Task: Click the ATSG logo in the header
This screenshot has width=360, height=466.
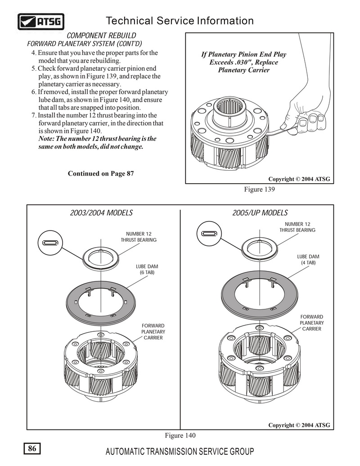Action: (41, 21)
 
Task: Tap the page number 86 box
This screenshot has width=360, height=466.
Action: (32, 448)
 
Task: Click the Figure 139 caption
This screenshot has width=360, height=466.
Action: (259, 190)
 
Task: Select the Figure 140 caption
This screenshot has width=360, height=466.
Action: (181, 435)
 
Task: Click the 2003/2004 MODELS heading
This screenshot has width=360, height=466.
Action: (101, 213)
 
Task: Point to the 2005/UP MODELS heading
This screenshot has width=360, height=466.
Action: (260, 213)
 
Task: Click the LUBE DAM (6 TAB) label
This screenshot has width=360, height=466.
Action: (147, 269)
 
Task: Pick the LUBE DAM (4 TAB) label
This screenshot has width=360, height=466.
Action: (308, 259)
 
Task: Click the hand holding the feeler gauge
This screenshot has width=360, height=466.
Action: (305, 110)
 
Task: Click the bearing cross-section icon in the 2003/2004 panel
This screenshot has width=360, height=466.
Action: (50, 243)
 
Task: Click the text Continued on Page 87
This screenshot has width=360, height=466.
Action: (100, 174)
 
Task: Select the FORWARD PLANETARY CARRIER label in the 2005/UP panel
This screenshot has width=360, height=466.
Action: (311, 323)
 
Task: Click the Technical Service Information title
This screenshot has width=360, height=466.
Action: (179, 21)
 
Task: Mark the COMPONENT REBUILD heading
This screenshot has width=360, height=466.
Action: (101, 36)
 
